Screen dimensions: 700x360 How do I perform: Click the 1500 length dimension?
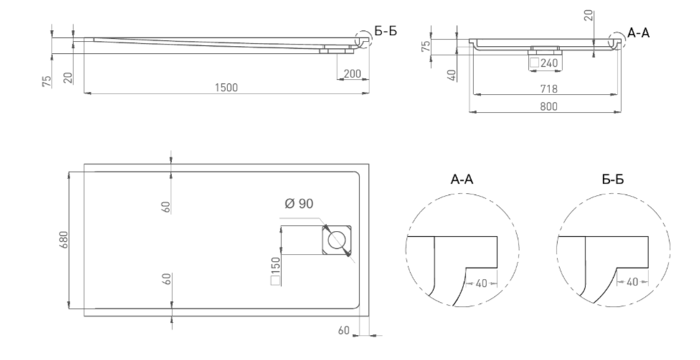click(227, 87)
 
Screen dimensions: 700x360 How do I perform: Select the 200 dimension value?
click(353, 74)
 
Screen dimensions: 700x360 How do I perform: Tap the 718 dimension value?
click(549, 89)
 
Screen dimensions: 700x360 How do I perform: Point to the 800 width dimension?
click(549, 106)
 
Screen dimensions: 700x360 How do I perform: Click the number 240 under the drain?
click(549, 63)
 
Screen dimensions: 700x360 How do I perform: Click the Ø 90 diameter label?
click(298, 204)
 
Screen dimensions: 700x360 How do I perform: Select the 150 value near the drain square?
click(275, 265)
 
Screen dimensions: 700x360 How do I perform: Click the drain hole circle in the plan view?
click(336, 240)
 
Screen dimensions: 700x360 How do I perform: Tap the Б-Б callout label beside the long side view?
click(386, 32)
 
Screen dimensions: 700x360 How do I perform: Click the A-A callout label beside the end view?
click(639, 32)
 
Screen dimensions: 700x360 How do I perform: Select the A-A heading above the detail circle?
click(462, 179)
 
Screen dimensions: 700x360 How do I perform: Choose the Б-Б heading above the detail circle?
click(613, 179)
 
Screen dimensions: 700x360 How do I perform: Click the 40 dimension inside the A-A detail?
click(481, 283)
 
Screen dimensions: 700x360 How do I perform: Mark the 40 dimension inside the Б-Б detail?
click(632, 282)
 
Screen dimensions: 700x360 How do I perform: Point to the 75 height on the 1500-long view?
click(47, 81)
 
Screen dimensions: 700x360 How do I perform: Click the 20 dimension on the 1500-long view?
click(68, 78)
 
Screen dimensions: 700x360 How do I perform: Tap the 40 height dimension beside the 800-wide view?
click(452, 75)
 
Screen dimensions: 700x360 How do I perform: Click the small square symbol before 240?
click(534, 63)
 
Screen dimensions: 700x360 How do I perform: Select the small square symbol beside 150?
click(275, 280)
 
